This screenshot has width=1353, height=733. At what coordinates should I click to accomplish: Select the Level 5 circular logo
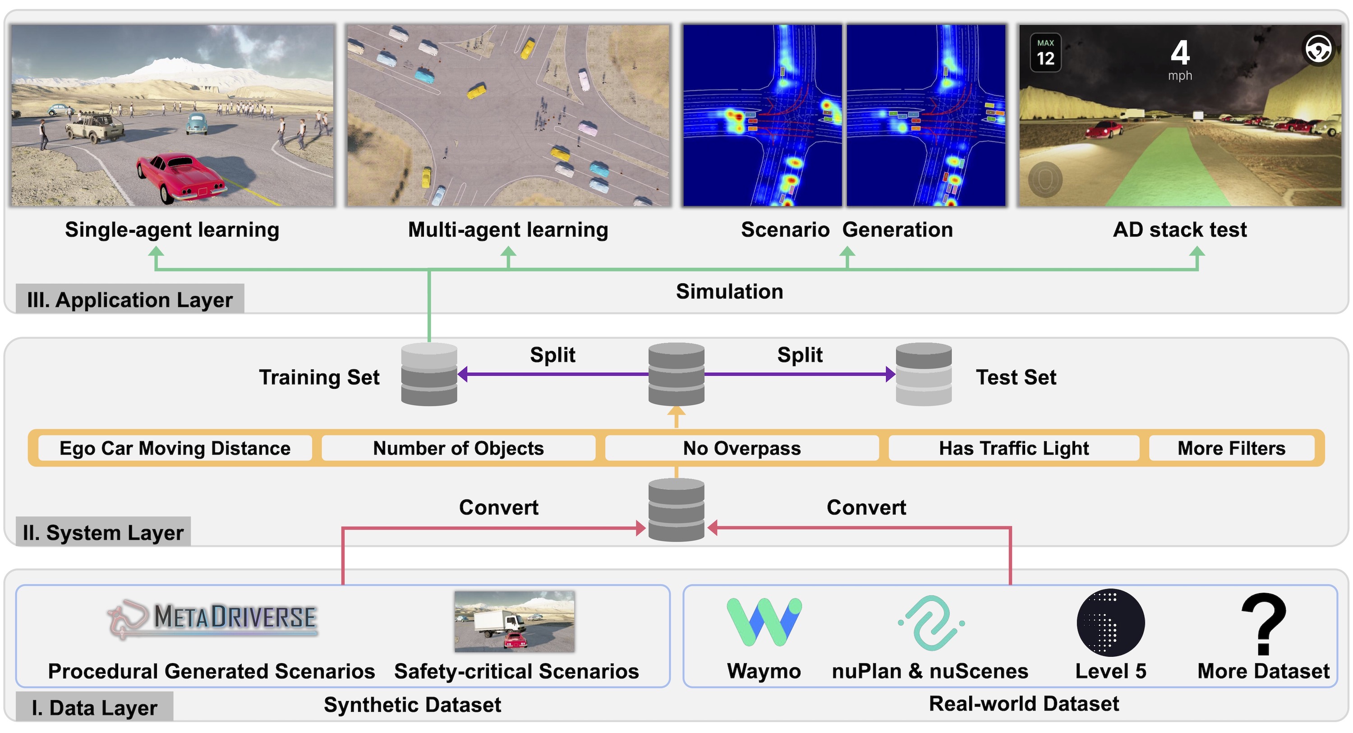1110,622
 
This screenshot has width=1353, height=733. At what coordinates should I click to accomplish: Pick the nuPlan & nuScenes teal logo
931,622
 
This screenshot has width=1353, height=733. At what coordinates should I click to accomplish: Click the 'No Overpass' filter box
741,448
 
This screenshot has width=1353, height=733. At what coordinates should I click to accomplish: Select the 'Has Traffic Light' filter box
1014,448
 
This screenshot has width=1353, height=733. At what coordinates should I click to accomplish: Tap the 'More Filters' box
1232,448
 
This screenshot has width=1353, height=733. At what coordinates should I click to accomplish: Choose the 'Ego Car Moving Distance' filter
175,448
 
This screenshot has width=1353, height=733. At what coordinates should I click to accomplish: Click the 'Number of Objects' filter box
459,448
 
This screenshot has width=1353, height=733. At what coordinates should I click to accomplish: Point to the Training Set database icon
429,374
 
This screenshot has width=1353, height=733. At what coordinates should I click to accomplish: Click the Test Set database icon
923,374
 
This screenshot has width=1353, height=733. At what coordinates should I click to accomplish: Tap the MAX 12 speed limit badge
1045,52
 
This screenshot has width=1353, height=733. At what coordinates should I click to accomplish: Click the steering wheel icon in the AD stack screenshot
1318,49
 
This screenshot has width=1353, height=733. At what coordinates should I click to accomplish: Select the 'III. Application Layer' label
130,300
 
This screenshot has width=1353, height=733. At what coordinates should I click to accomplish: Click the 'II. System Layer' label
103,532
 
